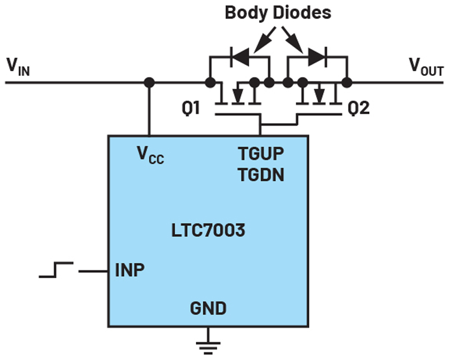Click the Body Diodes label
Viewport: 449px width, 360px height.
point(279,13)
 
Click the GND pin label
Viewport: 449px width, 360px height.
point(208,308)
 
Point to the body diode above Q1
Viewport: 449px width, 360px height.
point(240,57)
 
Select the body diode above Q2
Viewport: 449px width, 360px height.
point(317,57)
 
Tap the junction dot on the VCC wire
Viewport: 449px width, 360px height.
point(149,83)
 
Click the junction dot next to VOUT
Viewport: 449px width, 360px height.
point(347,83)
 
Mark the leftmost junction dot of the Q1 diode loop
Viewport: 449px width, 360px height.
point(210,83)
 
